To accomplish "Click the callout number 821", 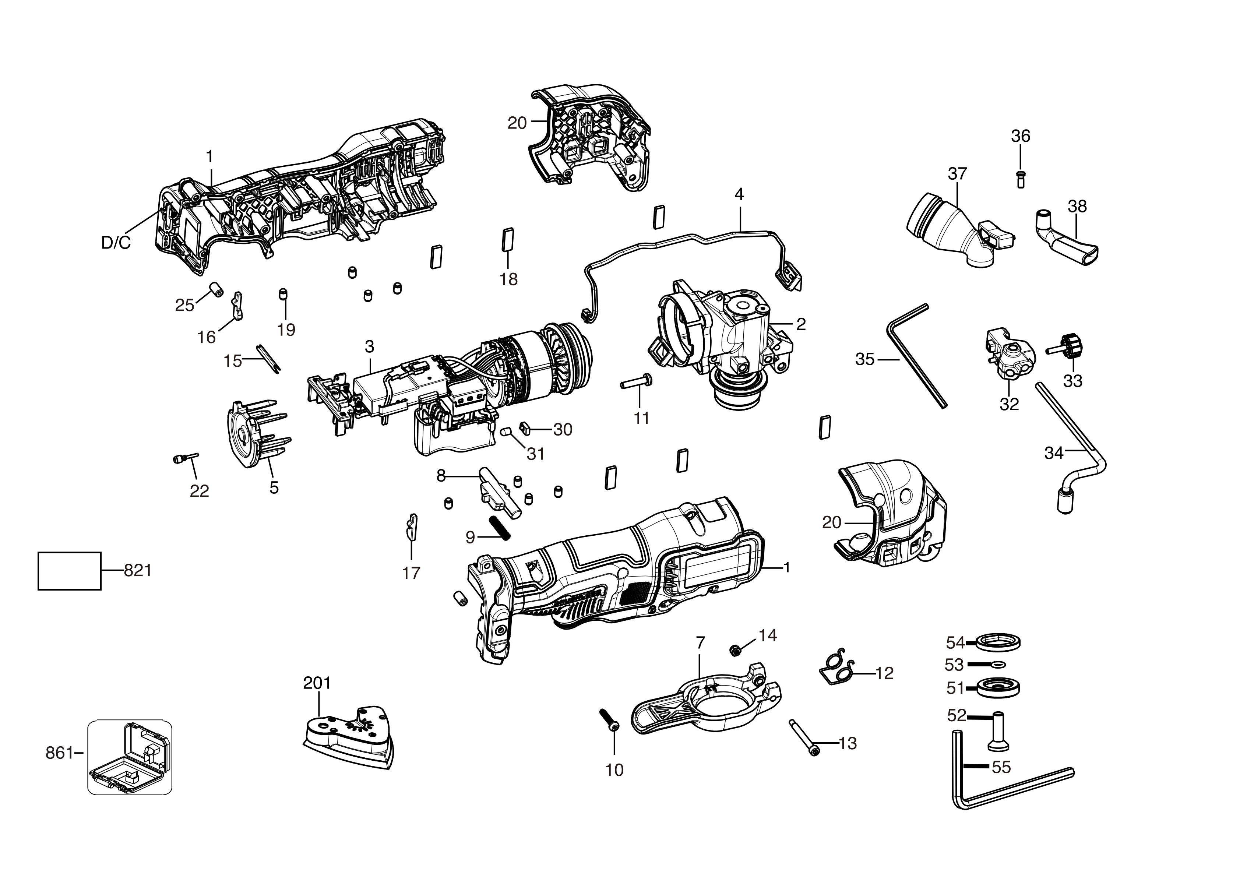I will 138,570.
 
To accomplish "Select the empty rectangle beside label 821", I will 69,571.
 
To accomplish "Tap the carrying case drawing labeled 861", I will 130,757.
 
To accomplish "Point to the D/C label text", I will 116,243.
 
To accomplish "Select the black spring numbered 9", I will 500,526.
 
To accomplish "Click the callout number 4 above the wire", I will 739,194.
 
